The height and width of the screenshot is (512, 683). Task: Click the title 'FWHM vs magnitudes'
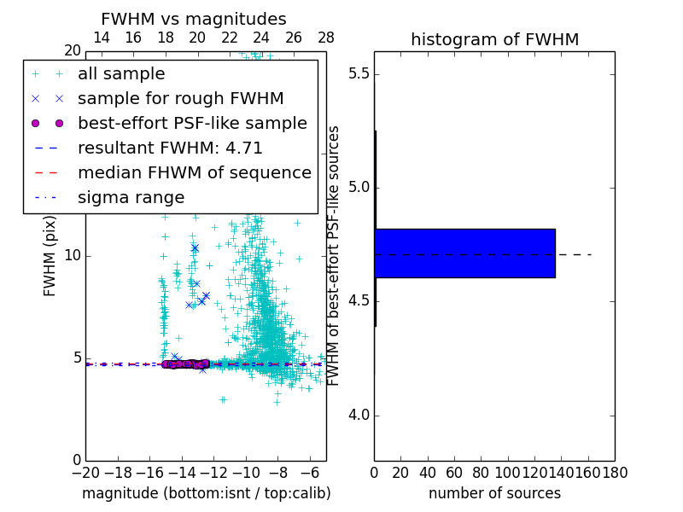click(x=193, y=19)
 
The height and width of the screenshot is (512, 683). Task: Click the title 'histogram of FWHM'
click(x=494, y=39)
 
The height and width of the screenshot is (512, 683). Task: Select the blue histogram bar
click(x=464, y=253)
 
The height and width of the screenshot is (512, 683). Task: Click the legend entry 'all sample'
click(x=121, y=74)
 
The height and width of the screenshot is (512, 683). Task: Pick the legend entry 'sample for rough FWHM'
click(x=180, y=98)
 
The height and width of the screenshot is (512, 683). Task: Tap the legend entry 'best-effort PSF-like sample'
click(x=192, y=123)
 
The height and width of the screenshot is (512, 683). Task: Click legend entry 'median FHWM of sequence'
click(x=194, y=172)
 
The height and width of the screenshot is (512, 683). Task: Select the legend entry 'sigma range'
click(x=131, y=197)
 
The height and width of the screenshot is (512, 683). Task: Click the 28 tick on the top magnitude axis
click(x=326, y=38)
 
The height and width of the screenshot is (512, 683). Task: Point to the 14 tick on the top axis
click(x=101, y=38)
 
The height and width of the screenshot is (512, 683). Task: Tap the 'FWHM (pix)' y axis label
click(x=50, y=256)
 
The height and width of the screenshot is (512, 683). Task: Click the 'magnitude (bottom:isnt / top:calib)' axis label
click(x=206, y=493)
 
